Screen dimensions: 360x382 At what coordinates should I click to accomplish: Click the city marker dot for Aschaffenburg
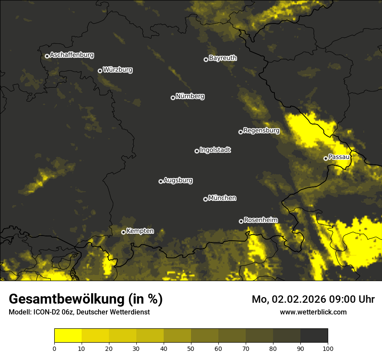point(47,56)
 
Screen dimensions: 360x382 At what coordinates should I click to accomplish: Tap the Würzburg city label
point(118,70)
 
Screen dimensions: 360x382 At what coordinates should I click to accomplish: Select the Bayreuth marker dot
point(206,59)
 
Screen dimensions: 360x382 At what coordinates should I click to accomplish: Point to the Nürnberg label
point(190,96)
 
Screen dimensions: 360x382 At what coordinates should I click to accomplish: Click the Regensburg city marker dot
point(240,132)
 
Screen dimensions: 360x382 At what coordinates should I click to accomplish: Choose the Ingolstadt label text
point(215,150)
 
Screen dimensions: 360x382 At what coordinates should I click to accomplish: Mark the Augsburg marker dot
point(161,181)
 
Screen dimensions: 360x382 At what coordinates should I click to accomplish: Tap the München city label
point(222,198)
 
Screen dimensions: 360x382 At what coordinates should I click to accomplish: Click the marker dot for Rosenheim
point(241,221)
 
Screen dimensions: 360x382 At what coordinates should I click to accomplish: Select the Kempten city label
point(140,231)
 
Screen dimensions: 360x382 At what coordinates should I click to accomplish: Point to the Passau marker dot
point(326,158)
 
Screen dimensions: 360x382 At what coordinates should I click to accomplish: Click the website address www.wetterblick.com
point(313,312)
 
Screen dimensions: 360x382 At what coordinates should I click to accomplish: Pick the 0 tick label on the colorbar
point(54,348)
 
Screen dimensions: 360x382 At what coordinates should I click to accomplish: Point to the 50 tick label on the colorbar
point(191,348)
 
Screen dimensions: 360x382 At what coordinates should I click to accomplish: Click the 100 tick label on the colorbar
point(328,348)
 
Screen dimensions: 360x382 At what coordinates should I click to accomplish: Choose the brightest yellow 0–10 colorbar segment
point(68,336)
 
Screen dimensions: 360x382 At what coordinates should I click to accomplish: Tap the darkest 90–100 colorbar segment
point(314,336)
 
